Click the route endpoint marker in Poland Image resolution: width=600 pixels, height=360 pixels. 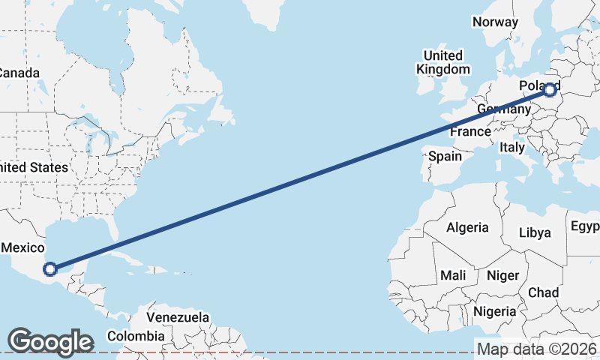click(x=550, y=90)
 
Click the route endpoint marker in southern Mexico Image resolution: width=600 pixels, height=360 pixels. click(x=50, y=268)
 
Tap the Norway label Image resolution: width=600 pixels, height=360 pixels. click(x=495, y=22)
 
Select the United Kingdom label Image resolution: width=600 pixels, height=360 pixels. click(x=443, y=62)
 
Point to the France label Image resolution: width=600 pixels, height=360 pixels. click(x=470, y=132)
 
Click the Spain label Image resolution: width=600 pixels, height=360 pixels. click(x=445, y=157)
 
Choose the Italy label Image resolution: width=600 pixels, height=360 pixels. click(x=512, y=148)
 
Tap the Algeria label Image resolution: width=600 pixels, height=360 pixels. click(x=467, y=227)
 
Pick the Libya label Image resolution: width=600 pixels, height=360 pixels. click(x=535, y=232)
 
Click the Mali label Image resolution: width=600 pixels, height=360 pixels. click(x=453, y=275)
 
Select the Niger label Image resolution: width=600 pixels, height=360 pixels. click(x=502, y=275)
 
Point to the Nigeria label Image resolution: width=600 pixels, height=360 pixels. click(x=494, y=310)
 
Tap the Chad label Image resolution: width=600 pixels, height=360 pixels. click(x=543, y=292)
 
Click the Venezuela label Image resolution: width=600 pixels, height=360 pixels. click(x=178, y=317)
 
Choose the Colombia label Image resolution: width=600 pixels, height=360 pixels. click(x=136, y=336)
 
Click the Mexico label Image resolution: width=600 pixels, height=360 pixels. click(x=24, y=247)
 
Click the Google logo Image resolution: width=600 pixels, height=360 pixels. click(x=50, y=341)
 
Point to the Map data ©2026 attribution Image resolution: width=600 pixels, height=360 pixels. click(x=537, y=349)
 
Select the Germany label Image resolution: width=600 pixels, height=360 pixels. click(x=502, y=109)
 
